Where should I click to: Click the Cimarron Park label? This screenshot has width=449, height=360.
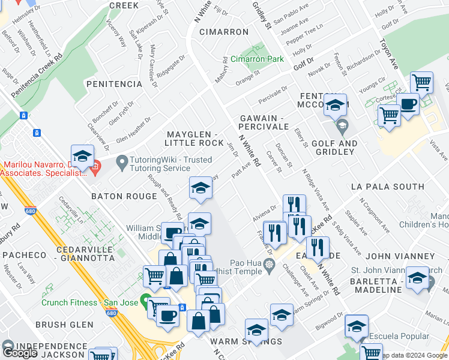(x=257, y=60)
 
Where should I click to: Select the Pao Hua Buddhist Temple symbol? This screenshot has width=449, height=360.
(x=269, y=266)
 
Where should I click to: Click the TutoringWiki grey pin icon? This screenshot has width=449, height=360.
(x=122, y=161)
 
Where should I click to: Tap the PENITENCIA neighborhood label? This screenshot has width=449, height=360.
(x=114, y=84)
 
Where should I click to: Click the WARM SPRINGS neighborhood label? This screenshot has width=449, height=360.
(x=246, y=341)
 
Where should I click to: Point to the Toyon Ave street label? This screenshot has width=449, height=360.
(x=388, y=54)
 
